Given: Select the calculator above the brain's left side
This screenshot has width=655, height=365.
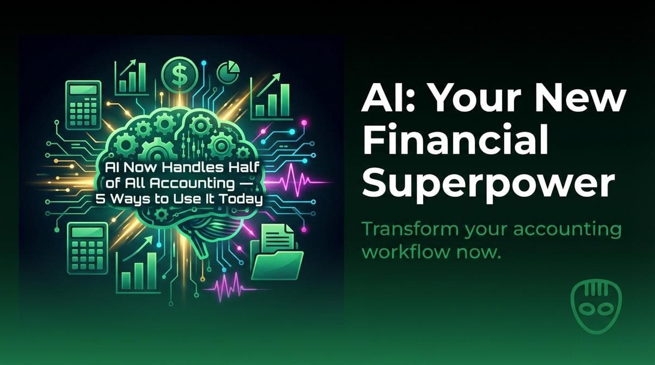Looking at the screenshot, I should [x=83, y=104].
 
